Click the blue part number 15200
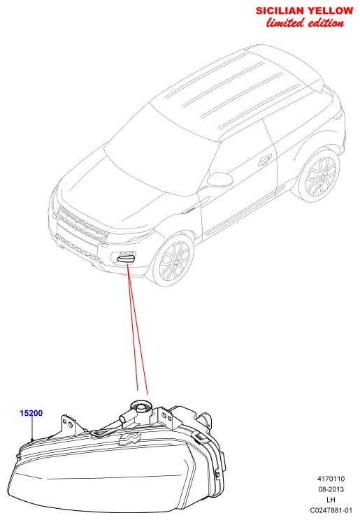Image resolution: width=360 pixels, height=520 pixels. pyautogui.click(x=31, y=413)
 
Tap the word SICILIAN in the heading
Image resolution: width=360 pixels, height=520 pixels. pyautogui.click(x=280, y=10)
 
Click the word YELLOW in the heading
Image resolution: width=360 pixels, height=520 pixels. pyautogui.click(x=330, y=10)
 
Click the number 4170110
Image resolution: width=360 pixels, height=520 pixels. pyautogui.click(x=331, y=479)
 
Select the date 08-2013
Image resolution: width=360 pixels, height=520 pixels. pyautogui.click(x=331, y=489)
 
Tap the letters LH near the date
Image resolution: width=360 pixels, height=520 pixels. pyautogui.click(x=331, y=500)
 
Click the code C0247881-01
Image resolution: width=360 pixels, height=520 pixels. pyautogui.click(x=331, y=510)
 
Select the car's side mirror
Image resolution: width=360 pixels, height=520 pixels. pyautogui.click(x=219, y=179)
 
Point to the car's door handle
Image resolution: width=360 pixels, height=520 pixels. pyautogui.click(x=265, y=161)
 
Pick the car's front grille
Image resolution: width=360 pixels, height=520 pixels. pyautogui.click(x=83, y=223)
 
